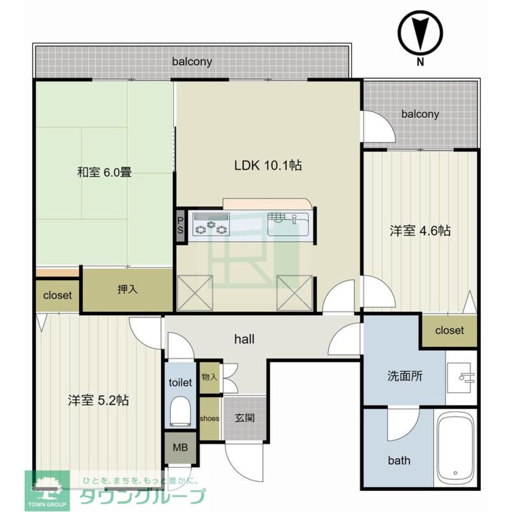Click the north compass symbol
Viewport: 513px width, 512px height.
pyautogui.click(x=420, y=33)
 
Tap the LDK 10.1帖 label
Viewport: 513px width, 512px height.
pyautogui.click(x=268, y=165)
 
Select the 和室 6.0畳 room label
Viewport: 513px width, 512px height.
pyautogui.click(x=105, y=172)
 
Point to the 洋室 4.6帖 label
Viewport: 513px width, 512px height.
pyautogui.click(x=420, y=231)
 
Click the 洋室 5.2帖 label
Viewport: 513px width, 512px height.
pyautogui.click(x=98, y=400)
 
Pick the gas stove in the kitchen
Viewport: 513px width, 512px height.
pyautogui.click(x=211, y=225)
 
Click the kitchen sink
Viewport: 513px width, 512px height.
pyautogui.click(x=288, y=224)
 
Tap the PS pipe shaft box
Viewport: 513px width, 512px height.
pyautogui.click(x=180, y=226)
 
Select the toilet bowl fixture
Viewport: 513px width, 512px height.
pyautogui.click(x=180, y=412)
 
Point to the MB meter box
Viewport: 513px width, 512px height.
pyautogui.click(x=180, y=447)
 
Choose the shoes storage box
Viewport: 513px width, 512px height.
pyautogui.click(x=210, y=418)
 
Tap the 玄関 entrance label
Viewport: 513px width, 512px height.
pyautogui.click(x=244, y=418)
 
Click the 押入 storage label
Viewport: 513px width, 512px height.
pyautogui.click(x=127, y=289)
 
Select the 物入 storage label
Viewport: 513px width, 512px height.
pyautogui.click(x=210, y=377)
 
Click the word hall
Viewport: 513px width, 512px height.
pyautogui.click(x=244, y=339)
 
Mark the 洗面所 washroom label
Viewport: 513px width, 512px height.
pyautogui.click(x=405, y=376)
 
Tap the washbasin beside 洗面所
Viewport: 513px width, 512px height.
pyautogui.click(x=461, y=377)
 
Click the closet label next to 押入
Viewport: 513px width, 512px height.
pyautogui.click(x=57, y=295)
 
